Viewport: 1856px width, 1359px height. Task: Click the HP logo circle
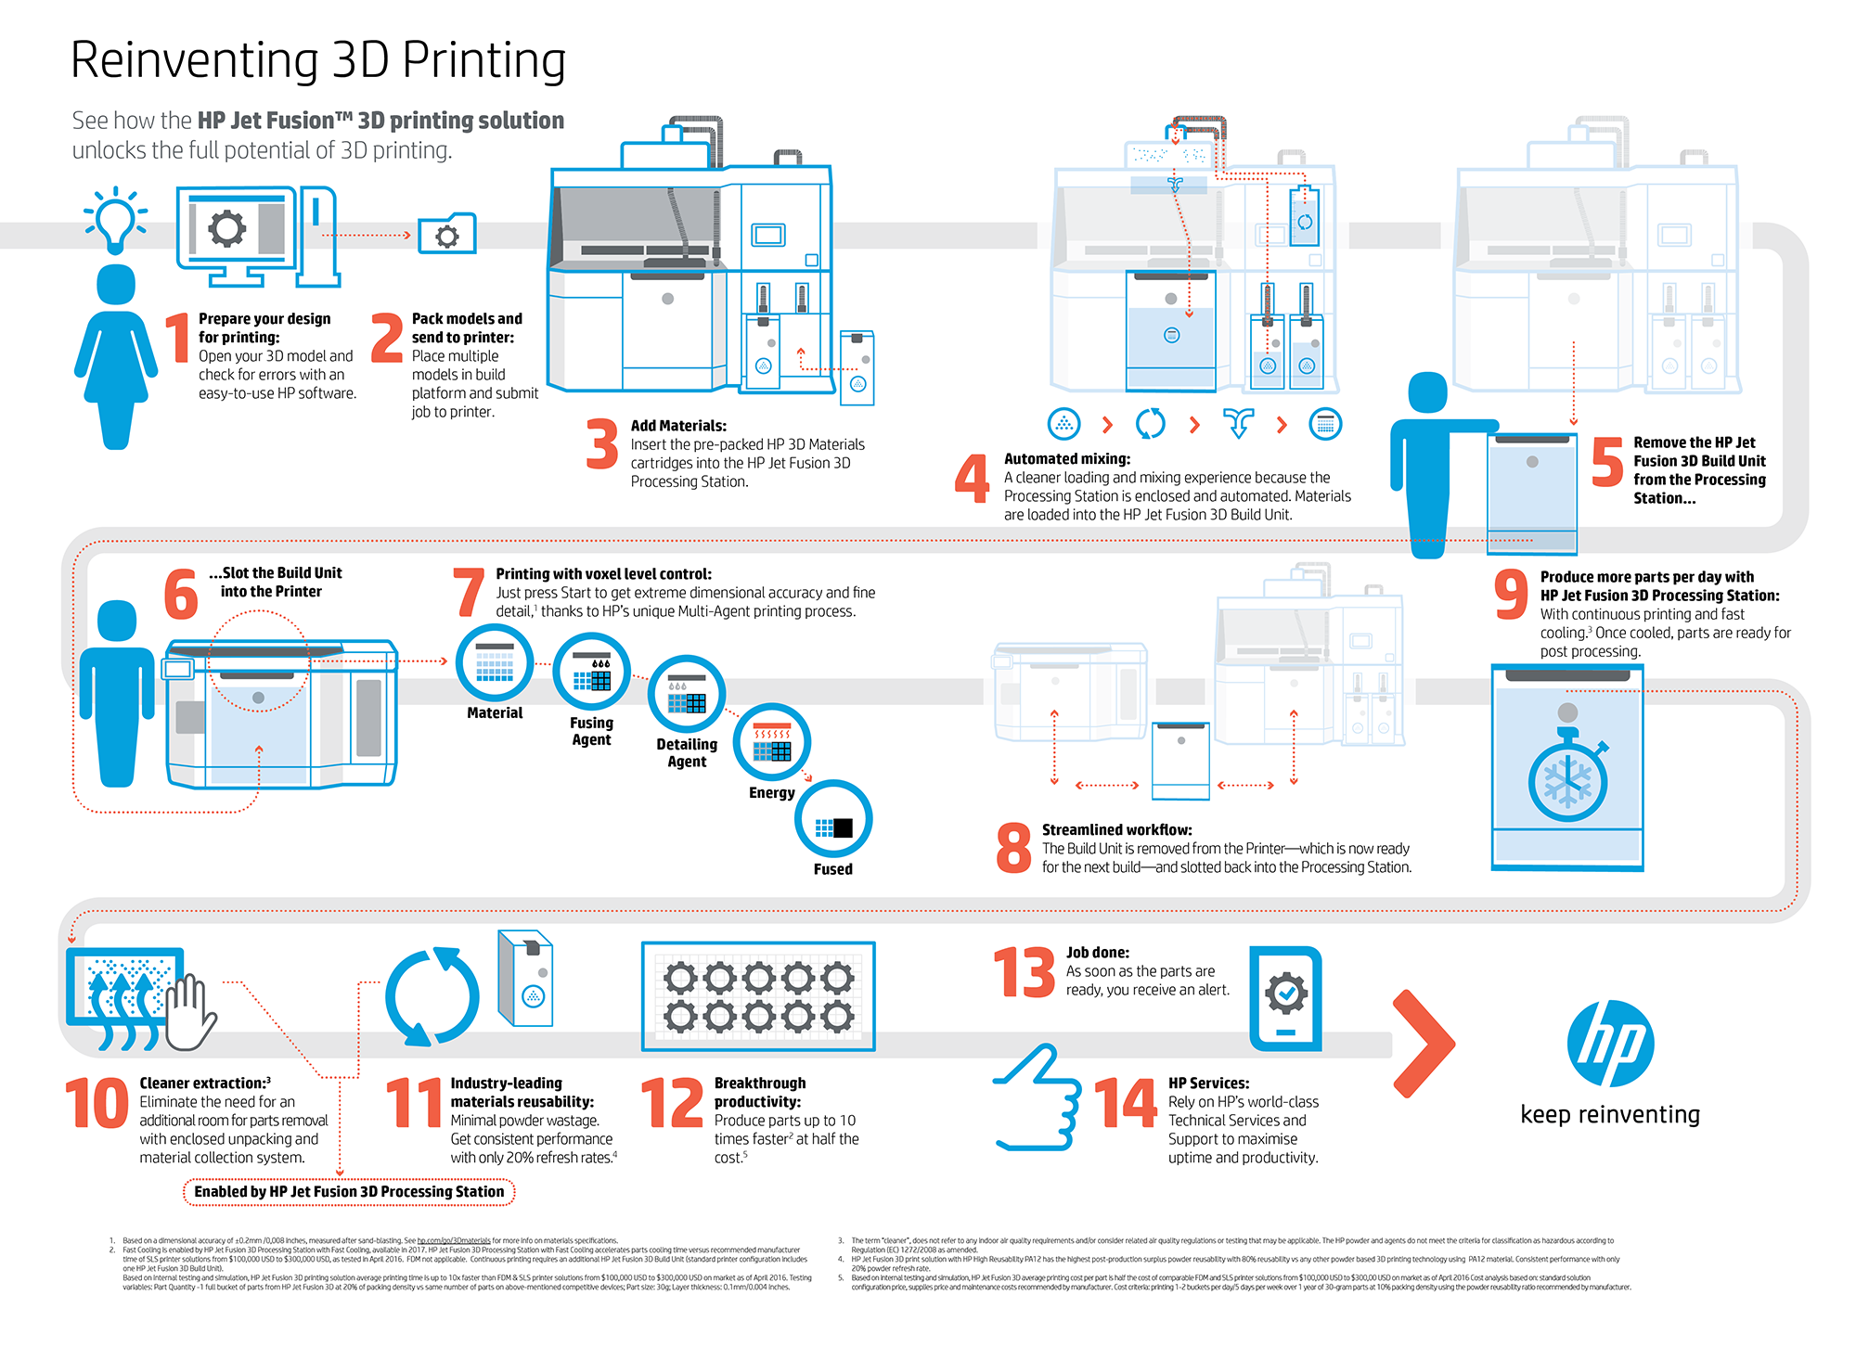click(1610, 1043)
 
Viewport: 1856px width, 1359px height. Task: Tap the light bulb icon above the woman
click(116, 219)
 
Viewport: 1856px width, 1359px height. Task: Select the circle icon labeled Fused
click(833, 819)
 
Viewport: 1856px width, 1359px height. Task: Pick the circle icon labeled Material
click(495, 663)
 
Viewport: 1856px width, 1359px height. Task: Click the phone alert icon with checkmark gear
click(1285, 998)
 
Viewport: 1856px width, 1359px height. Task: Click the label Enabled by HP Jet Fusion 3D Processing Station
click(349, 1192)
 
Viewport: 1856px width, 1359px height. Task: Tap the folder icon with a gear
click(446, 235)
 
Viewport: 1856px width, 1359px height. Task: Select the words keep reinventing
click(1610, 1114)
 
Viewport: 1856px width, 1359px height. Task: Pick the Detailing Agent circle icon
click(687, 694)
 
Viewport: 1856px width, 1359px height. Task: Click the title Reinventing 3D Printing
click(318, 60)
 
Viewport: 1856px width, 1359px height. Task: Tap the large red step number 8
click(1013, 848)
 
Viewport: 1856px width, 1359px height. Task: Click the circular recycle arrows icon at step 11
click(432, 996)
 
